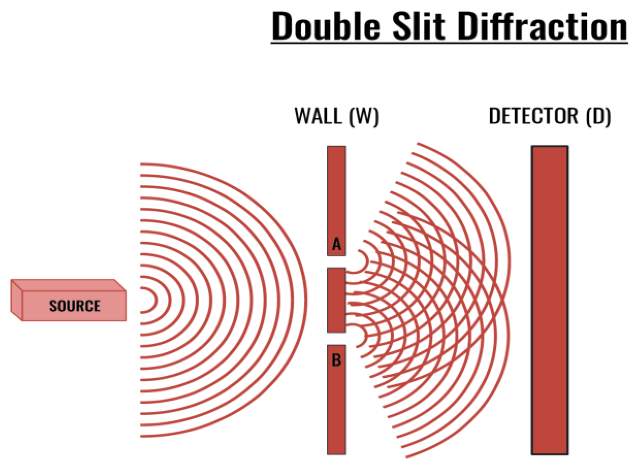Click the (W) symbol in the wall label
(364, 117)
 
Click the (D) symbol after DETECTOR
(598, 117)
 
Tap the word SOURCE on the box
(75, 306)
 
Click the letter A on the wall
(336, 244)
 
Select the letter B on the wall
(336, 360)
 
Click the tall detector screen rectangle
(549, 300)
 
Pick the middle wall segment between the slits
(336, 300)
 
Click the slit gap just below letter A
(336, 262)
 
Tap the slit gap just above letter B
(336, 339)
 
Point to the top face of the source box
(69, 285)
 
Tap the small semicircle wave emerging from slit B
(365, 338)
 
